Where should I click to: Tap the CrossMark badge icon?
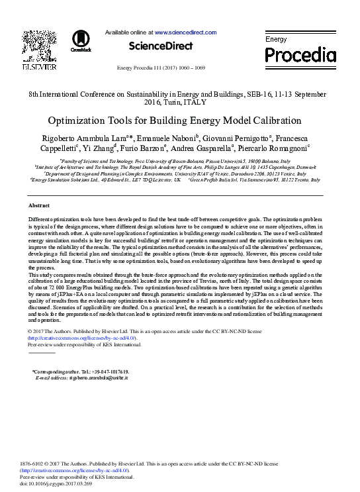tap(81, 42)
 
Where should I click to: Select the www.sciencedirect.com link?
tap(185, 32)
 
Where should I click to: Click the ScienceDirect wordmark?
tap(160, 46)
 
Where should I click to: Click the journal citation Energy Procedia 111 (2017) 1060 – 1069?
tap(160, 68)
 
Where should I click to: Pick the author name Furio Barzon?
tap(144, 148)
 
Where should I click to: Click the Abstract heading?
tap(40, 206)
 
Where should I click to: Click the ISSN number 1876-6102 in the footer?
tap(34, 464)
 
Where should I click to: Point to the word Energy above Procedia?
tap(276, 40)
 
